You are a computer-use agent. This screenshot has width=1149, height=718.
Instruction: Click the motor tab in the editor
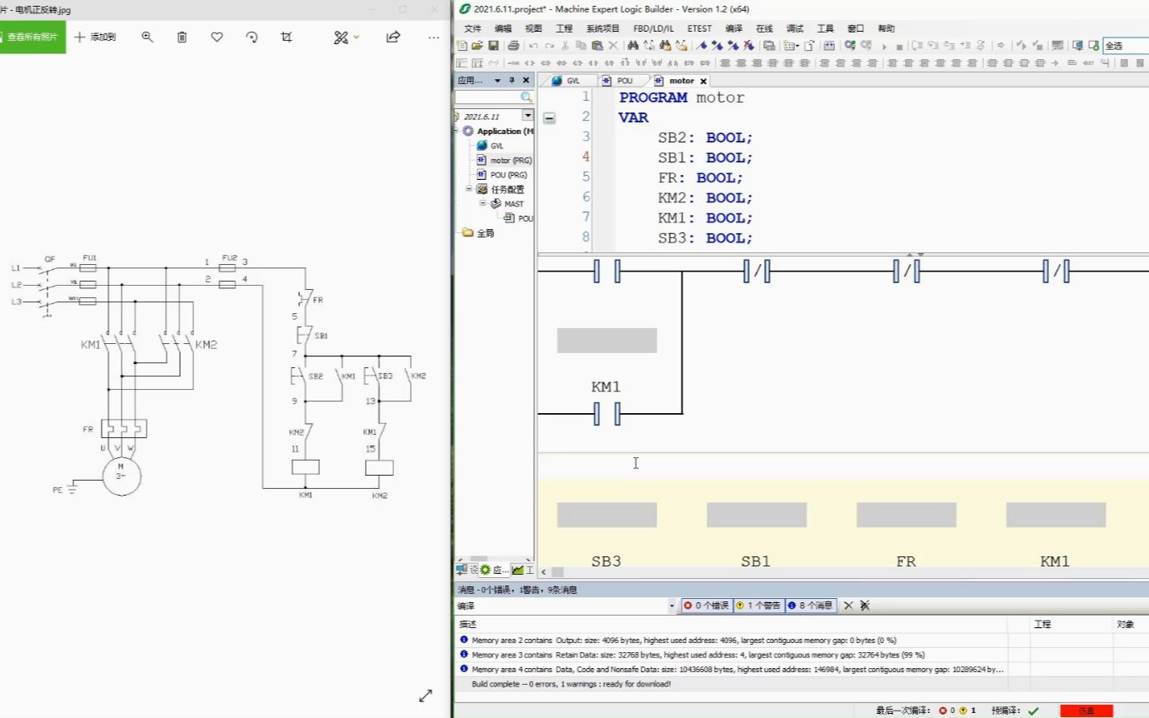pyautogui.click(x=681, y=81)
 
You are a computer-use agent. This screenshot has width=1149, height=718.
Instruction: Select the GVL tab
pyautogui.click(x=573, y=81)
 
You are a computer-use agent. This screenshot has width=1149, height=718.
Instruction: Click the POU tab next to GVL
pyautogui.click(x=624, y=81)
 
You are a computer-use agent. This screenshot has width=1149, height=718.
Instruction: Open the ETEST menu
pyautogui.click(x=699, y=28)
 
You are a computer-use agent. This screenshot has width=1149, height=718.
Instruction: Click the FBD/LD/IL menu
pyautogui.click(x=653, y=28)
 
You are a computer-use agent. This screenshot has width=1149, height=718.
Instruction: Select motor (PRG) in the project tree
pyautogui.click(x=510, y=160)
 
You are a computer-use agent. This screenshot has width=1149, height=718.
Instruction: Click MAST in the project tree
pyautogui.click(x=514, y=203)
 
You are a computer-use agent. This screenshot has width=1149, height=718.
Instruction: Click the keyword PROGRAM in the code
pyautogui.click(x=653, y=97)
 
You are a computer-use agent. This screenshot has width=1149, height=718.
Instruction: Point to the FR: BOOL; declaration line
pyautogui.click(x=700, y=177)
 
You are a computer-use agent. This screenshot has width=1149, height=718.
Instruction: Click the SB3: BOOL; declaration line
pyautogui.click(x=705, y=238)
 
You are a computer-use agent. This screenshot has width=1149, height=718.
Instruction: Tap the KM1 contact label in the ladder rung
pyautogui.click(x=606, y=387)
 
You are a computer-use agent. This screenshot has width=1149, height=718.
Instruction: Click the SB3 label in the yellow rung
pyautogui.click(x=606, y=561)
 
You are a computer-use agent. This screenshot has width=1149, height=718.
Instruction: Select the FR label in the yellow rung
pyautogui.click(x=906, y=561)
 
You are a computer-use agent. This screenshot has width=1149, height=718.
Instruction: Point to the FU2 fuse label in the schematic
pyautogui.click(x=229, y=257)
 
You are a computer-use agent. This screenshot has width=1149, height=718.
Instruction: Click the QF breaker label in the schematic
pyautogui.click(x=49, y=259)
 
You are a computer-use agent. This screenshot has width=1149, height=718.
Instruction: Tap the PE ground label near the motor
pyautogui.click(x=57, y=491)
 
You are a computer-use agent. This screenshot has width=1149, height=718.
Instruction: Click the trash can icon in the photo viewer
pyautogui.click(x=182, y=37)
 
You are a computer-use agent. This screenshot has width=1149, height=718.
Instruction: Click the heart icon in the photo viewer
pyautogui.click(x=217, y=37)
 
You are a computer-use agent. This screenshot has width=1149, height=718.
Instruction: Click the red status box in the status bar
pyautogui.click(x=1086, y=711)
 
